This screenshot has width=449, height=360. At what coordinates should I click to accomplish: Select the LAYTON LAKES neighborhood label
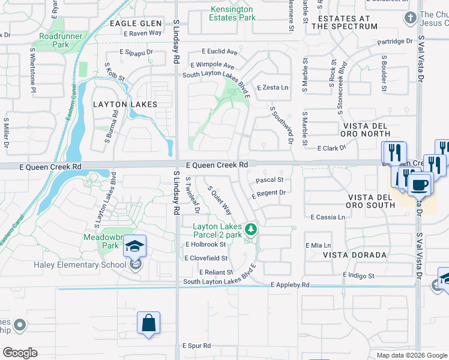pyautogui.click(x=125, y=104)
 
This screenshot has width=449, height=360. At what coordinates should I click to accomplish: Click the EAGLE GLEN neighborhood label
pyautogui.click(x=136, y=23)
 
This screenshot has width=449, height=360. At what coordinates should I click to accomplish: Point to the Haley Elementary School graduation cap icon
pyautogui.click(x=135, y=247)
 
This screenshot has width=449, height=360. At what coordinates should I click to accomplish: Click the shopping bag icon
pyautogui.click(x=148, y=322)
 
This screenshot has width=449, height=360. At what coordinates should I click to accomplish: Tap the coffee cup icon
pyautogui.click(x=420, y=184)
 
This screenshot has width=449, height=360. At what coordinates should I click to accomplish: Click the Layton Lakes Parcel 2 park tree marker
pyautogui.click(x=250, y=229)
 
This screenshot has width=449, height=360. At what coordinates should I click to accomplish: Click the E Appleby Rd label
pyautogui.click(x=290, y=285)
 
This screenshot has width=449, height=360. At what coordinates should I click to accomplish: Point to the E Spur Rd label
pyautogui.click(x=196, y=346)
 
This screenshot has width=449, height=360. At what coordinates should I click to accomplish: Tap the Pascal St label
pyautogui.click(x=269, y=179)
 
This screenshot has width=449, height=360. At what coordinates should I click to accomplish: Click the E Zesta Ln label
pyautogui.click(x=273, y=88)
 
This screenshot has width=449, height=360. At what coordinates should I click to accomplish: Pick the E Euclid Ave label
pyautogui.click(x=220, y=52)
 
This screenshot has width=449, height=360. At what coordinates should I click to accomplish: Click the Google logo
pyautogui.click(x=20, y=353)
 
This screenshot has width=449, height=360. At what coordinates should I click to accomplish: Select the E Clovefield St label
pyautogui.click(x=206, y=258)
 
